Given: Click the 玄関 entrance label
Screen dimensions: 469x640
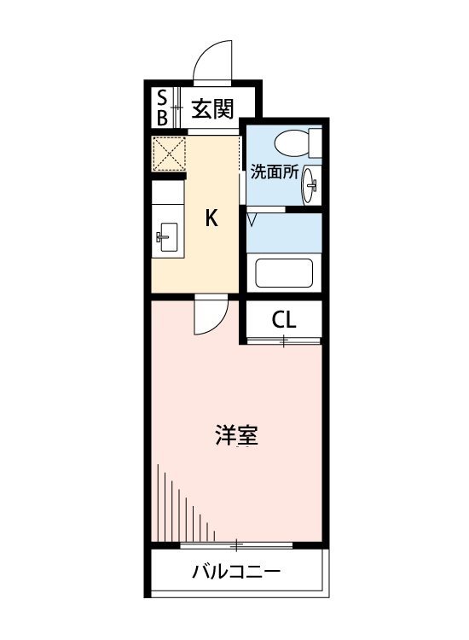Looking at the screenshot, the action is [x=212, y=109].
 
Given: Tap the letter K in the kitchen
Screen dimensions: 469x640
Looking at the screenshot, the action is [x=211, y=218].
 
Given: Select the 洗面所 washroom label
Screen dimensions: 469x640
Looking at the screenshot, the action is [x=274, y=172].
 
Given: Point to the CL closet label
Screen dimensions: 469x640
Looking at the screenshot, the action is [x=284, y=320].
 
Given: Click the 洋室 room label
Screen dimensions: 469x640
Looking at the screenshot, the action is [x=236, y=435].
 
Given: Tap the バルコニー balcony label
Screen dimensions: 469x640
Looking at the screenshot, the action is [x=236, y=572].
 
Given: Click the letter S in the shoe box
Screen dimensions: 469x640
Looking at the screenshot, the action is [x=162, y=98].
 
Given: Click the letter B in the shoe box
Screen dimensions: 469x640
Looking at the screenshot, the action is [x=162, y=118].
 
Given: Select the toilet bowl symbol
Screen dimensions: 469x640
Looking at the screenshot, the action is [x=292, y=143].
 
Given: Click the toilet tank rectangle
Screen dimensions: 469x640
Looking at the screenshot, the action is [x=316, y=143].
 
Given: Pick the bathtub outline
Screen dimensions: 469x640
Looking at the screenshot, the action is [x=284, y=273].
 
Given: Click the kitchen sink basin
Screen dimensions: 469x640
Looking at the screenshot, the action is [x=169, y=237].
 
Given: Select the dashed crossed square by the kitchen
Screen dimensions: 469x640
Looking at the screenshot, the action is [x=169, y=154].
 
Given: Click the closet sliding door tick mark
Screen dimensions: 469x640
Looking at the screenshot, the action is [x=284, y=340].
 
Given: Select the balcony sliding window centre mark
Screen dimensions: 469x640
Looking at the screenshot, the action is [x=236, y=544].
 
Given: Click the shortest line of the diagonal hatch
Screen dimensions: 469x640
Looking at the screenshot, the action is [x=214, y=536].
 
